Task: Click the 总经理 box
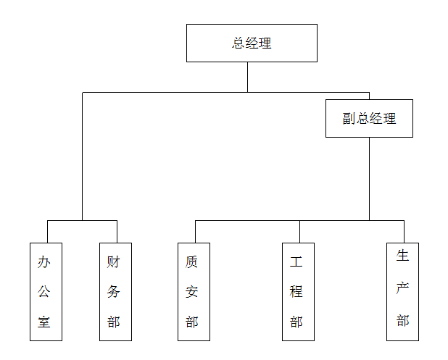point(252,43)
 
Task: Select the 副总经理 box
point(369,118)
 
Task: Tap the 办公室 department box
point(46,291)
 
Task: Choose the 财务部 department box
point(115,291)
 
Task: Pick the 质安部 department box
point(194,291)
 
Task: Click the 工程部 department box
point(298,291)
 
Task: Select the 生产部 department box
point(402,291)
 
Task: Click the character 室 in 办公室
point(45,322)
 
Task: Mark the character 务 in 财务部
point(114,292)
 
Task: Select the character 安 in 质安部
point(192,292)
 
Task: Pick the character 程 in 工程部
point(296,292)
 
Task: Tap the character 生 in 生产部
point(403,256)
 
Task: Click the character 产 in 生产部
point(403,288)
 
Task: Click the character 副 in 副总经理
point(349,119)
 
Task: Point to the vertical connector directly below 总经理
point(247,77)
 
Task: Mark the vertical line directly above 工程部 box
point(299,231)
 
